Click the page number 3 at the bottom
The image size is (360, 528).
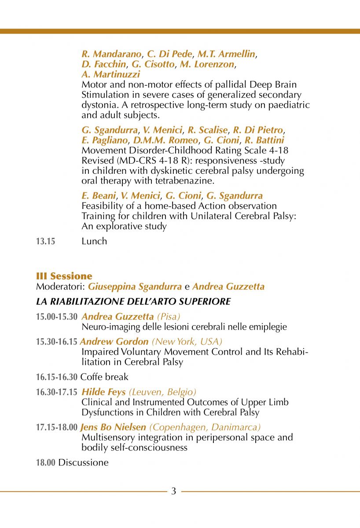[x=173, y=491]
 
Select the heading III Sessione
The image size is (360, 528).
[x=64, y=276]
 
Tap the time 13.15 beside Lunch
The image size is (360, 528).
[x=46, y=241]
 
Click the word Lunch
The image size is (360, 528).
[x=94, y=241]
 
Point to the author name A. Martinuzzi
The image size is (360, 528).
[x=111, y=74]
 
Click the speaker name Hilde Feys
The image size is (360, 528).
[x=103, y=392]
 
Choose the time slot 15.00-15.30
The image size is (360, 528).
[x=57, y=316]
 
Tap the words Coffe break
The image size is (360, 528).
[x=104, y=377]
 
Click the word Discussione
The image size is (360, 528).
[x=83, y=462]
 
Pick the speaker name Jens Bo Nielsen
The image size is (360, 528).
[x=114, y=427]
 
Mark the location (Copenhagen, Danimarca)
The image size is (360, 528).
[x=205, y=427]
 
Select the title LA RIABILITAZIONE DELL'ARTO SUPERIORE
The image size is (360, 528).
[x=133, y=301]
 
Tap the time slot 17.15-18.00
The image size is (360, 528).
[x=57, y=427]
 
